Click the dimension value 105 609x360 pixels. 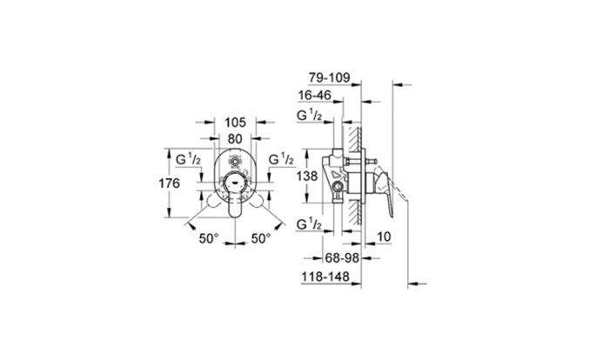[236, 123]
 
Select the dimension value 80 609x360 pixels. [235, 138]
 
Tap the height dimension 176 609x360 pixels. [169, 183]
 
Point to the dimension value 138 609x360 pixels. [307, 177]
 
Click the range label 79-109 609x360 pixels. [330, 77]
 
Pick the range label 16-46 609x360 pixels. [315, 95]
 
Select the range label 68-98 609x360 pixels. [342, 257]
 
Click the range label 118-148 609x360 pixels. [325, 277]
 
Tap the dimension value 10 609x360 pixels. [384, 237]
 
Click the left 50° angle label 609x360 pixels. [209, 238]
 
